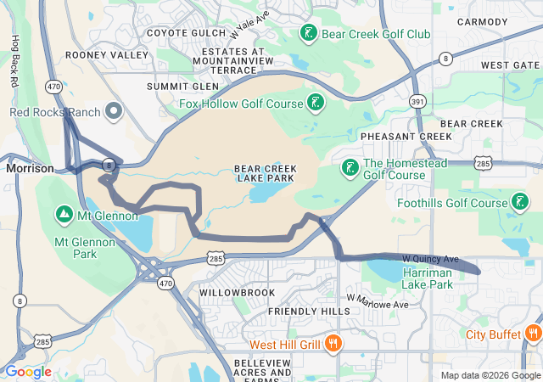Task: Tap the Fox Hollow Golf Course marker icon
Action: [x=316, y=104]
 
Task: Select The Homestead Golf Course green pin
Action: [x=350, y=168]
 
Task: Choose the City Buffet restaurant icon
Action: [x=533, y=334]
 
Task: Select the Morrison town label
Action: [x=30, y=168]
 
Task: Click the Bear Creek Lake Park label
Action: [x=264, y=173]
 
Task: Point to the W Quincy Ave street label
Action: [x=429, y=258]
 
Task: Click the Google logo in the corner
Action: [x=28, y=372]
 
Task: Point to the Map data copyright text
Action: [x=490, y=375]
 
